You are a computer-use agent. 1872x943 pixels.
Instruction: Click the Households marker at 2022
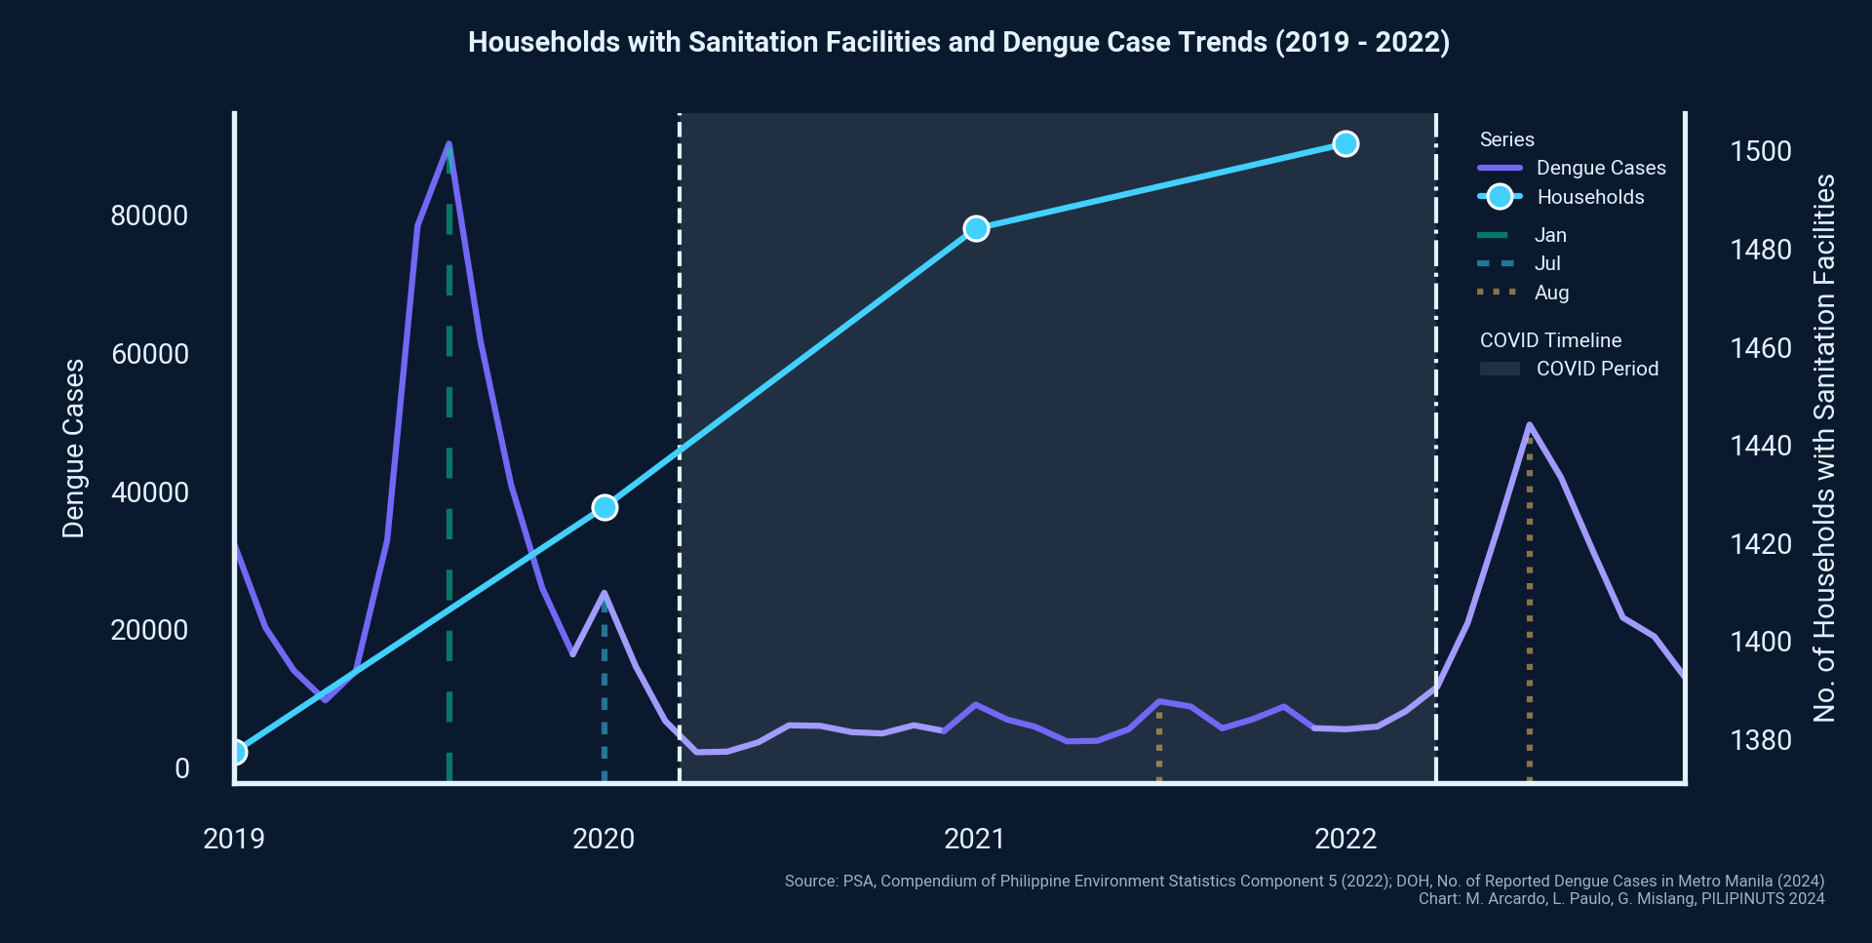coord(1345,144)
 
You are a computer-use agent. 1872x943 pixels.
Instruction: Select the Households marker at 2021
coord(976,229)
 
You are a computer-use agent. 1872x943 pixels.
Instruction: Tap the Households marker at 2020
coord(604,508)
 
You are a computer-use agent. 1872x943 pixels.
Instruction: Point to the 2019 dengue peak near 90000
coord(448,144)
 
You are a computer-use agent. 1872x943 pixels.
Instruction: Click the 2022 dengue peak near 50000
coord(1529,425)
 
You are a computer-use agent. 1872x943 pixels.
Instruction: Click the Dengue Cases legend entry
coord(1600,168)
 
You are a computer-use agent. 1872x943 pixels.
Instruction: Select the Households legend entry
coord(1589,197)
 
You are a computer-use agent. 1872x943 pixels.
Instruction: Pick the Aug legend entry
coord(1550,293)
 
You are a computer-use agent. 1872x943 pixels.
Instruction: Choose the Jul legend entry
coord(1546,263)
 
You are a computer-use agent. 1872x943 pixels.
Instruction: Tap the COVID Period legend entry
coord(1596,369)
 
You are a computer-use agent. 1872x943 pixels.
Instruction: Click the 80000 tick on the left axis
coord(149,216)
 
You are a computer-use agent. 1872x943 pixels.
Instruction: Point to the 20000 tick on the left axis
coord(149,630)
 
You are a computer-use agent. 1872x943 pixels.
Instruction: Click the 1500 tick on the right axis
coord(1760,151)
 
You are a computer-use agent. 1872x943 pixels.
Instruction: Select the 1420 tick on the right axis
coord(1760,543)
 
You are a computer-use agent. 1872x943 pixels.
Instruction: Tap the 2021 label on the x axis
coord(974,839)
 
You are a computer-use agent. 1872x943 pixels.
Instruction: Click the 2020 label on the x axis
coord(604,839)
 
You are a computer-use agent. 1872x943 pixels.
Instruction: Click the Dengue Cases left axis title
coord(74,449)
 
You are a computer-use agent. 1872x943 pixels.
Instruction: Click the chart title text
coord(958,42)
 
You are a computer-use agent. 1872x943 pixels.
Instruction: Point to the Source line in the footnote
coord(1304,881)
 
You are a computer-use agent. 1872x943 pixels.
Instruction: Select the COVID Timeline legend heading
coord(1550,340)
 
